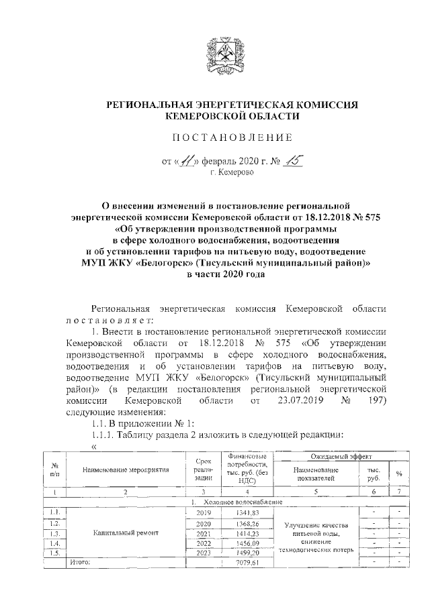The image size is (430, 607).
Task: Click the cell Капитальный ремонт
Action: coord(125,533)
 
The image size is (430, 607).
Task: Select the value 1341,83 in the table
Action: coord(247,512)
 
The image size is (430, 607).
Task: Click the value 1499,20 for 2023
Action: coord(247,554)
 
